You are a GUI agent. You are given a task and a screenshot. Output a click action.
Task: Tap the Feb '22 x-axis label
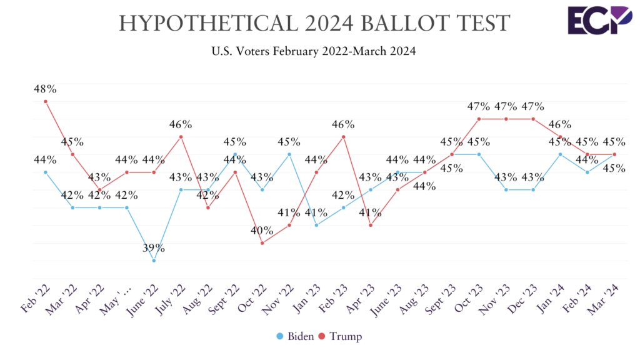click(x=35, y=297)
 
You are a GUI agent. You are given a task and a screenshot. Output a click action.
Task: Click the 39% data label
click(x=153, y=248)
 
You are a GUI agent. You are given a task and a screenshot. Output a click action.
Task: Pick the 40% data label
click(x=261, y=231)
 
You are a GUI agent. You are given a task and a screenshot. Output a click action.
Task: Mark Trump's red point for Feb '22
click(x=46, y=101)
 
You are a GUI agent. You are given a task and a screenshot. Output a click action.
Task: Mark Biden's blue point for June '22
click(x=154, y=261)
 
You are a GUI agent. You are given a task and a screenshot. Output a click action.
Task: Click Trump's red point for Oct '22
click(x=262, y=243)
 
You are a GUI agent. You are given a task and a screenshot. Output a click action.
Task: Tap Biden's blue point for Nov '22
click(x=289, y=154)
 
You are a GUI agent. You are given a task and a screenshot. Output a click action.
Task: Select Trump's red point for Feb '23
click(x=343, y=137)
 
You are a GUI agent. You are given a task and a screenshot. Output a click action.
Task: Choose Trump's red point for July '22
click(x=181, y=137)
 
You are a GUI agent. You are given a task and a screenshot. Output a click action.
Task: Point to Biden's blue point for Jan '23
click(x=316, y=225)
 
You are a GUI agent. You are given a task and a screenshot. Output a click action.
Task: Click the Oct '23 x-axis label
click(x=470, y=297)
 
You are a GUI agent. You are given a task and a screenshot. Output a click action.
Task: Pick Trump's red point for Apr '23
click(x=371, y=225)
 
